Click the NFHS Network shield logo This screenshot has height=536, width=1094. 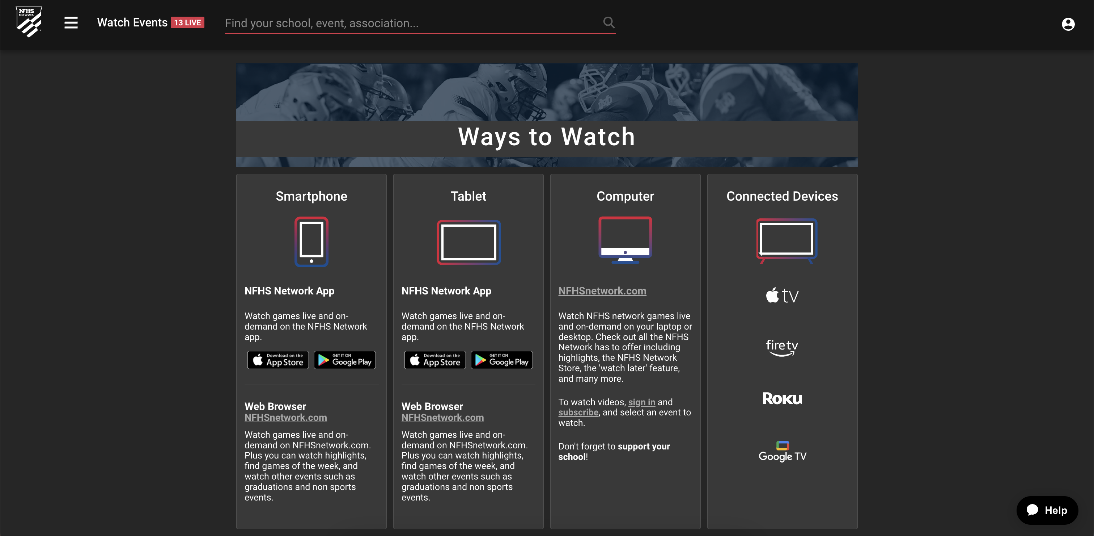[29, 22]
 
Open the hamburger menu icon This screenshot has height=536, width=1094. [71, 22]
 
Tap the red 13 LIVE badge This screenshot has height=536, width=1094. [187, 22]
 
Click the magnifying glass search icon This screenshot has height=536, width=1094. [609, 22]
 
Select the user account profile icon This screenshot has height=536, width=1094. [1068, 24]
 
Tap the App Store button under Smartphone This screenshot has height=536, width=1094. [278, 360]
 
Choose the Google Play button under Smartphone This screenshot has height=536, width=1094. [345, 360]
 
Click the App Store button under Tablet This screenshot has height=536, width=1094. [435, 360]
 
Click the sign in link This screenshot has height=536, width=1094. [641, 402]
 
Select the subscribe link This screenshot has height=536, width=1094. [578, 412]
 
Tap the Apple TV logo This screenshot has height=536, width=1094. [782, 296]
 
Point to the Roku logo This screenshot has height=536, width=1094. [782, 399]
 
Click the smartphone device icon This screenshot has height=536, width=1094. [311, 242]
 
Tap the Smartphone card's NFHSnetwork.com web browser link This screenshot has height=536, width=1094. [285, 418]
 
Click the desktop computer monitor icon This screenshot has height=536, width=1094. [625, 240]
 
